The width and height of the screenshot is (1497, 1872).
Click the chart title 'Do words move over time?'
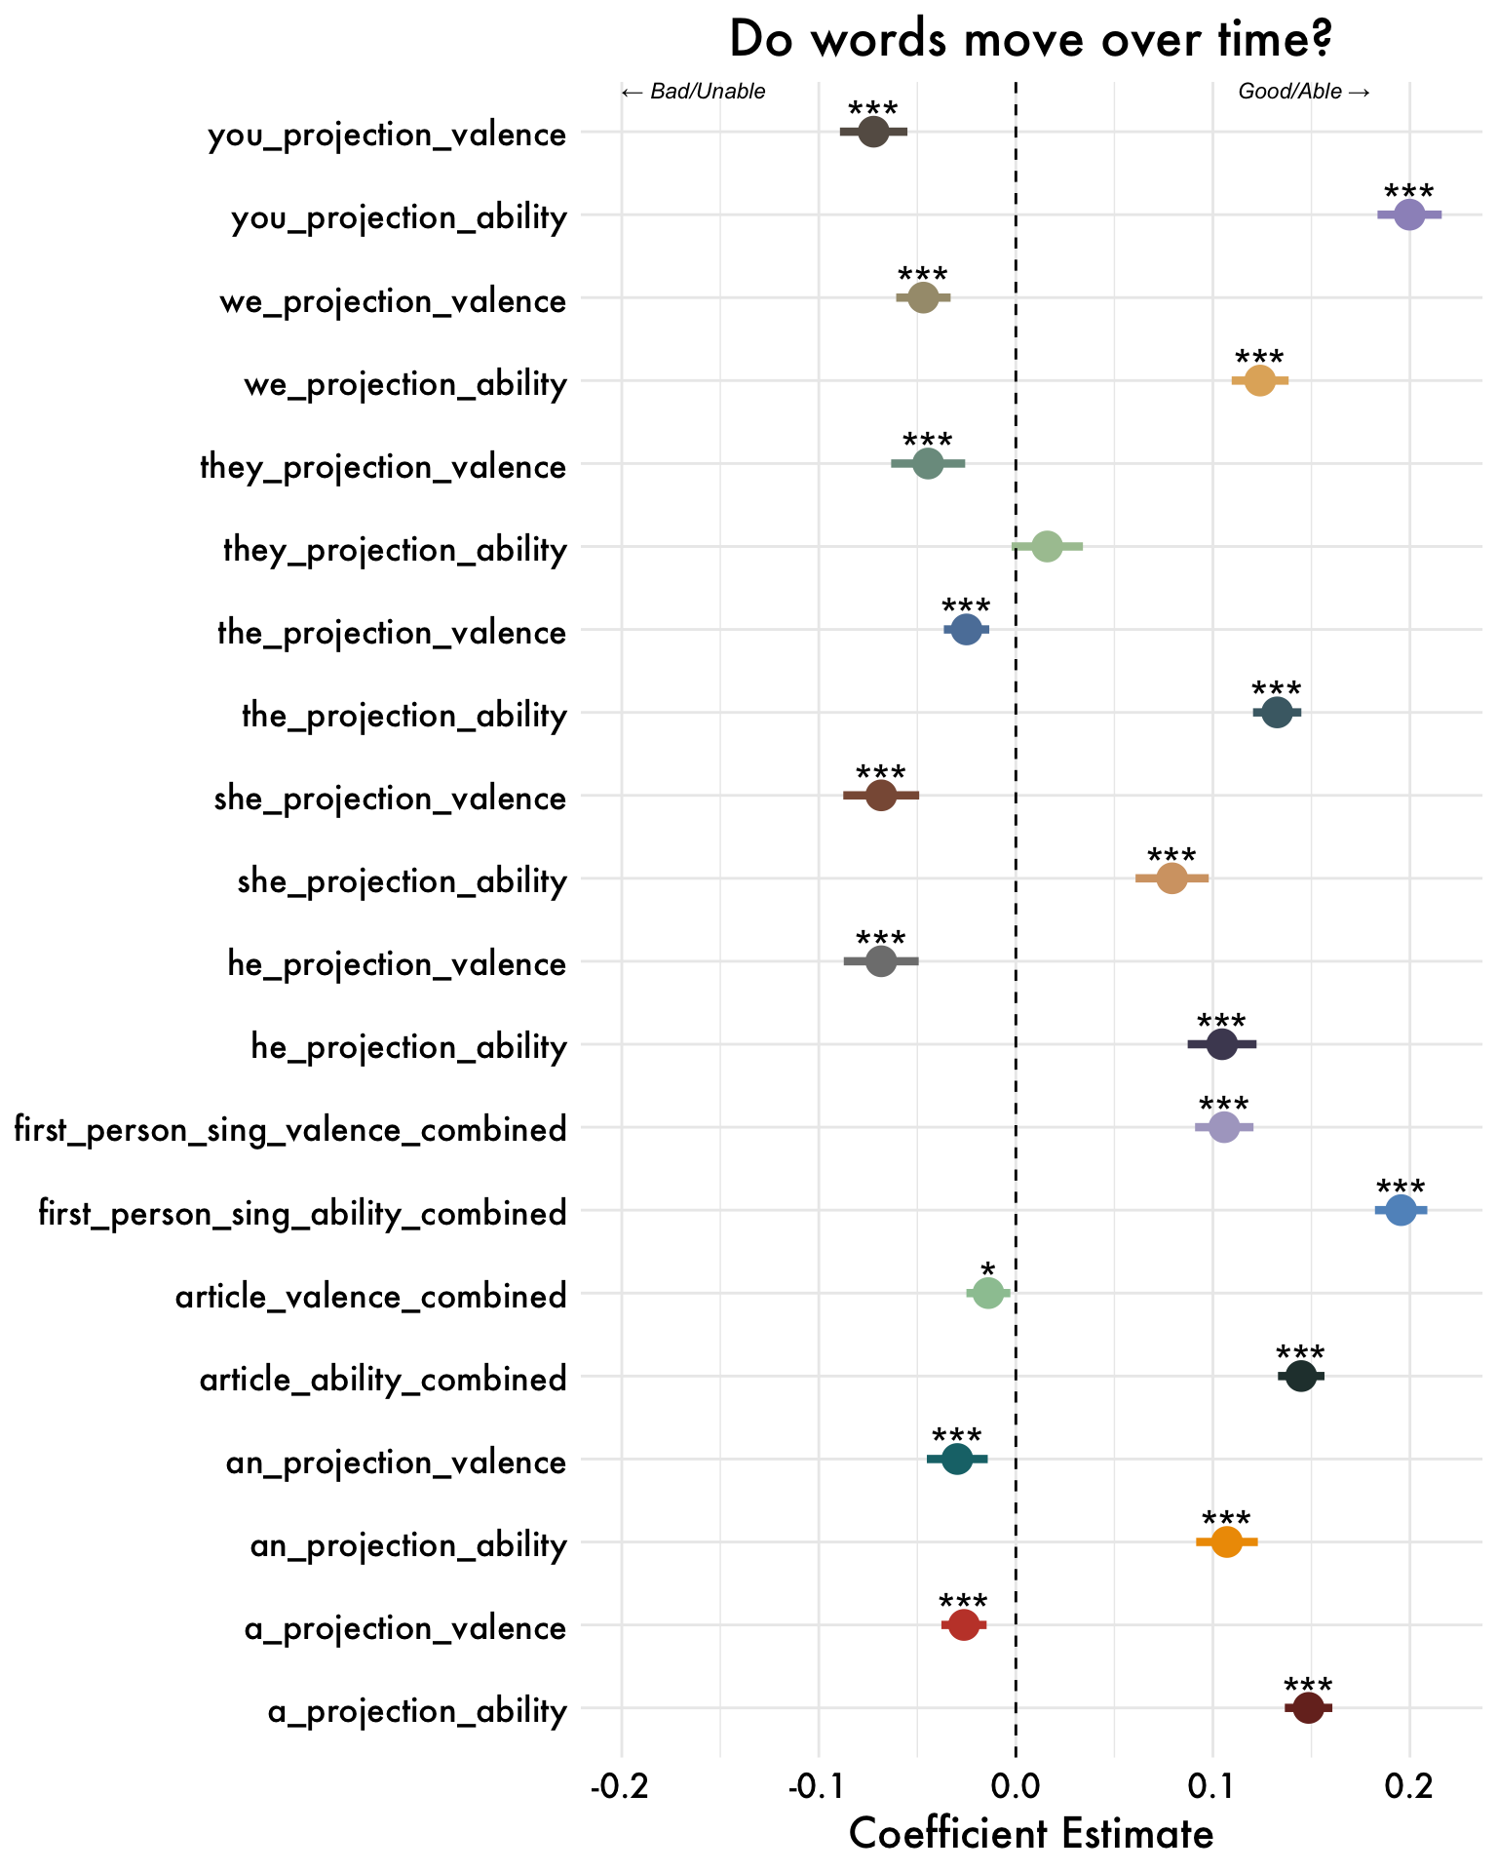[1030, 41]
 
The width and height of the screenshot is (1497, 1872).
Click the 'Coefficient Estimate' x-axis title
[1030, 1833]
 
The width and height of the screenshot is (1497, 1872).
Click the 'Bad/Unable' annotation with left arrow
[693, 92]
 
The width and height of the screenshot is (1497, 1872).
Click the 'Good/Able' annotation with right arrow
[1304, 92]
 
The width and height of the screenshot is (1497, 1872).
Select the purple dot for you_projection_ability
[1408, 214]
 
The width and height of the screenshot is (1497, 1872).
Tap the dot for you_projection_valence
[874, 132]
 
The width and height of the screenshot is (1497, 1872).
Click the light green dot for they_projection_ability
[1047, 547]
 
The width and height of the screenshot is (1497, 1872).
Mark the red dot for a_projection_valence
[964, 1624]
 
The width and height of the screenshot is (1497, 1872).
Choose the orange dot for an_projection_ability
[1226, 1541]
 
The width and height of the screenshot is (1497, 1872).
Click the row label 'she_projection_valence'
[390, 799]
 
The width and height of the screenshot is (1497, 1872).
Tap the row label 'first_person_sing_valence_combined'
[290, 1130]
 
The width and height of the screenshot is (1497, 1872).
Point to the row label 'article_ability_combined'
[383, 1380]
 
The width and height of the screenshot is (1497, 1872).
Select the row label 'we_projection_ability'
[404, 384]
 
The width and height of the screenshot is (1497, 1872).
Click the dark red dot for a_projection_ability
[1308, 1707]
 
